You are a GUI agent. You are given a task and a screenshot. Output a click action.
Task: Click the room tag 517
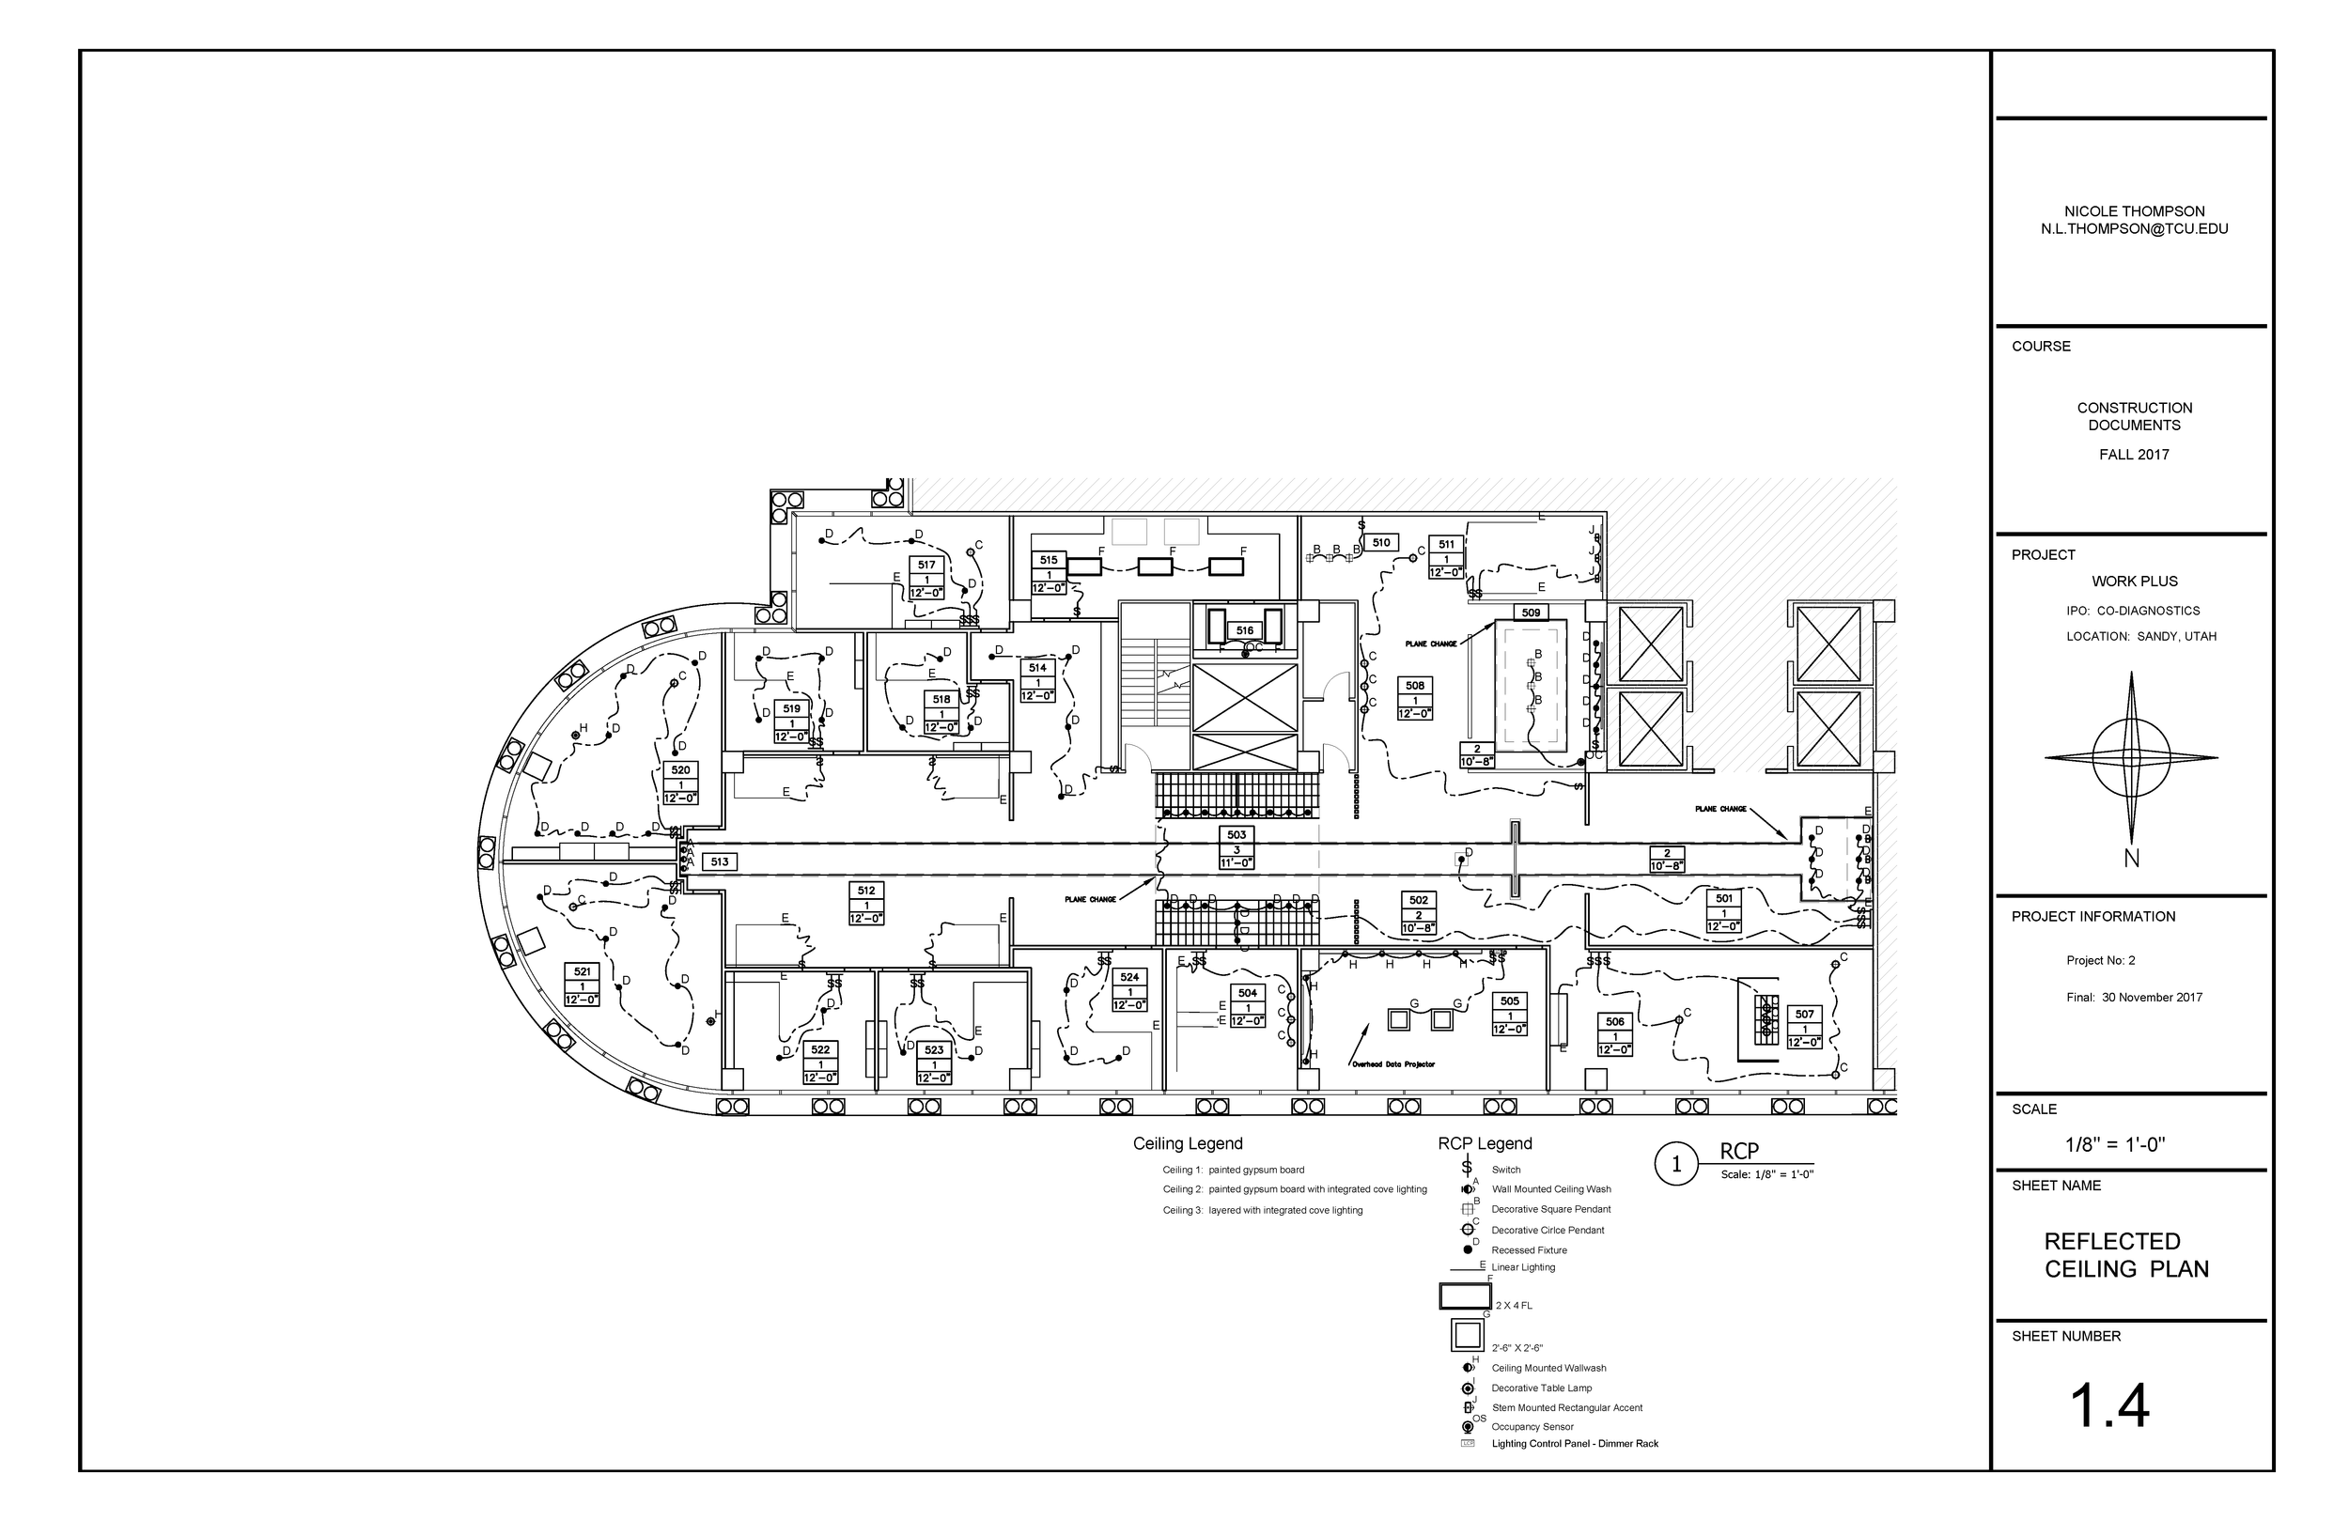click(926, 566)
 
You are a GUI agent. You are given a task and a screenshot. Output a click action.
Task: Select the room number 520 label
click(680, 771)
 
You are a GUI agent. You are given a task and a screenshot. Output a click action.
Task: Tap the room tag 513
click(720, 861)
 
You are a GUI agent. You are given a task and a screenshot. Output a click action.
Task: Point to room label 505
click(1509, 1000)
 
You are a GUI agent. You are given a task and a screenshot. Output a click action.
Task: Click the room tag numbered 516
click(1245, 630)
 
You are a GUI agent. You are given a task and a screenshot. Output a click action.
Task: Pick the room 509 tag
click(1530, 613)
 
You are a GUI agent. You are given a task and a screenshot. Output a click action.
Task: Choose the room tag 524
click(1129, 977)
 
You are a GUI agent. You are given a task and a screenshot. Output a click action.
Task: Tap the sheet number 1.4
click(2109, 1405)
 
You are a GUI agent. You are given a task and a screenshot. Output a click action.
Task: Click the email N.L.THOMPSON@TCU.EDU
click(2134, 229)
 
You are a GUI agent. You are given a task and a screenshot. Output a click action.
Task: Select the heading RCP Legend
click(1485, 1144)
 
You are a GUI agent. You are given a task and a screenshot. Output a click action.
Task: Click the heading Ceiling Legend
click(1188, 1144)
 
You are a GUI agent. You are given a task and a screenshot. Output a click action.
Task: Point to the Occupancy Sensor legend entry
click(1532, 1426)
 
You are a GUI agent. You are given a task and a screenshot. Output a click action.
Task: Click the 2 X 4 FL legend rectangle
click(1466, 1296)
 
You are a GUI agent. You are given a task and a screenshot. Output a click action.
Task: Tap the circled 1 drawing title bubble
click(1675, 1165)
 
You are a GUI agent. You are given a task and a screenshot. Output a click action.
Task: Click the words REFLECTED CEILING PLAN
click(2126, 1254)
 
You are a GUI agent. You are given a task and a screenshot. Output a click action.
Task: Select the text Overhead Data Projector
click(1392, 1064)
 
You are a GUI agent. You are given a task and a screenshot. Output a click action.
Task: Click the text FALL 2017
click(2134, 455)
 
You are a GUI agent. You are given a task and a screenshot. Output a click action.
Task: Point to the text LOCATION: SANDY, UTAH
click(2140, 637)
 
